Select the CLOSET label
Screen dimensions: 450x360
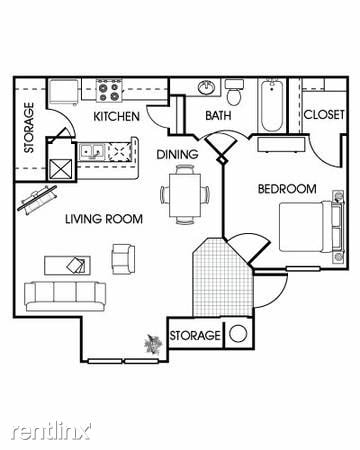point(324,115)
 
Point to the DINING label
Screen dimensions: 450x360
point(177,154)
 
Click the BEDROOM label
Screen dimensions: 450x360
point(287,189)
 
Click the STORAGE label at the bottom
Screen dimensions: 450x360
point(194,335)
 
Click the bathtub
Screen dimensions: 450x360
point(272,104)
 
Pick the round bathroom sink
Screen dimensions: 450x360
point(208,88)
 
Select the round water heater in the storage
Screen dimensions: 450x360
point(240,335)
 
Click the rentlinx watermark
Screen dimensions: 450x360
point(50,431)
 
